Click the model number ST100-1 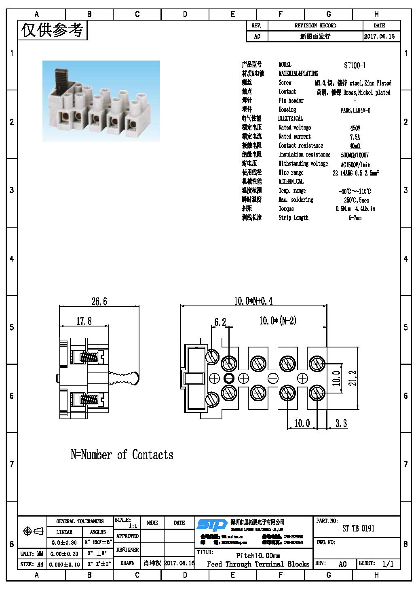355,65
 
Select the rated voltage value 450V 355,128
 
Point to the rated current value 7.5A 355,137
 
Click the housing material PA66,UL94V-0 355,110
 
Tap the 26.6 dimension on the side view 99,301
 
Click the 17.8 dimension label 84,321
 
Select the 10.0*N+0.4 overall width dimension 253,301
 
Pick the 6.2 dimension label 220,322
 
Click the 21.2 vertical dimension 353,378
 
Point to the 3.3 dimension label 341,423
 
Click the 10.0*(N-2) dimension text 277,321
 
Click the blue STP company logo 212,525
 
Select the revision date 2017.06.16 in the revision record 379,36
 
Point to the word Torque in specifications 286,209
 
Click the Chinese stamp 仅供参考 52,30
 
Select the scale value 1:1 133,526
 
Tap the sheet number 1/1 388,564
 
